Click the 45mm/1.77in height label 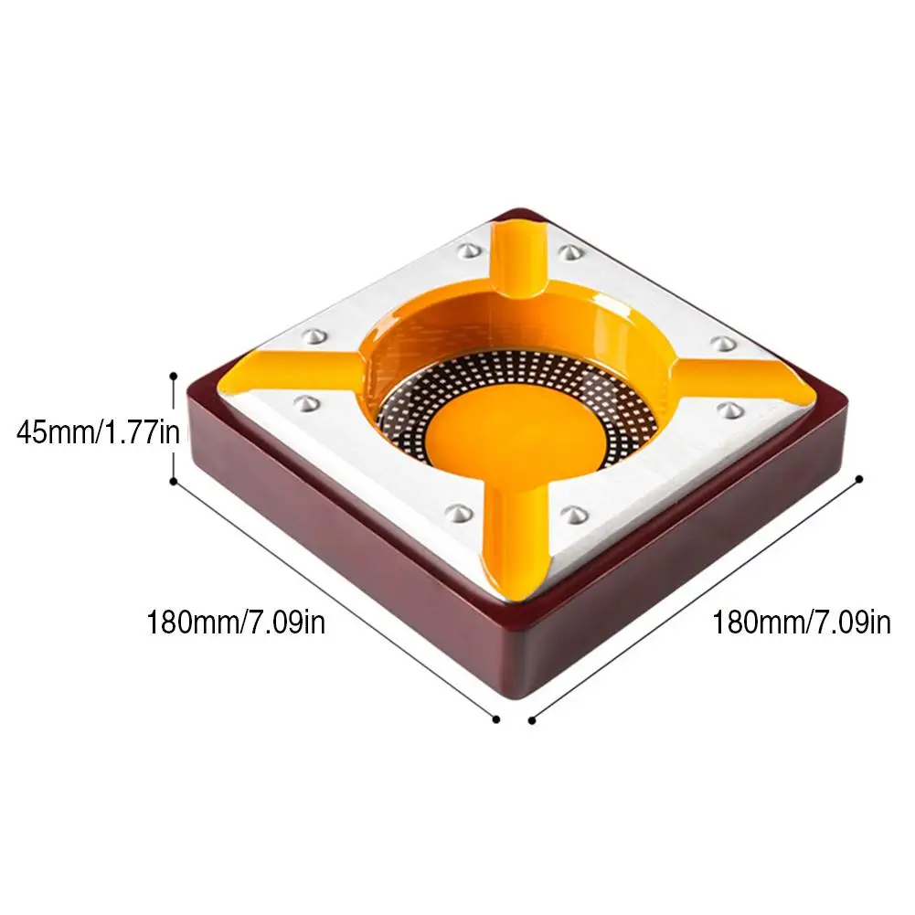coord(98,432)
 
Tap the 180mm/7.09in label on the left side coord(235,622)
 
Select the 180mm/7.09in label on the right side coord(802,622)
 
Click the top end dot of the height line coord(174,377)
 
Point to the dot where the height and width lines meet coord(174,481)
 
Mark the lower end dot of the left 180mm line coord(496,719)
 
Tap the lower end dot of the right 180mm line coord(532,720)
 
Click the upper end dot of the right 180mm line coord(859,479)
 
